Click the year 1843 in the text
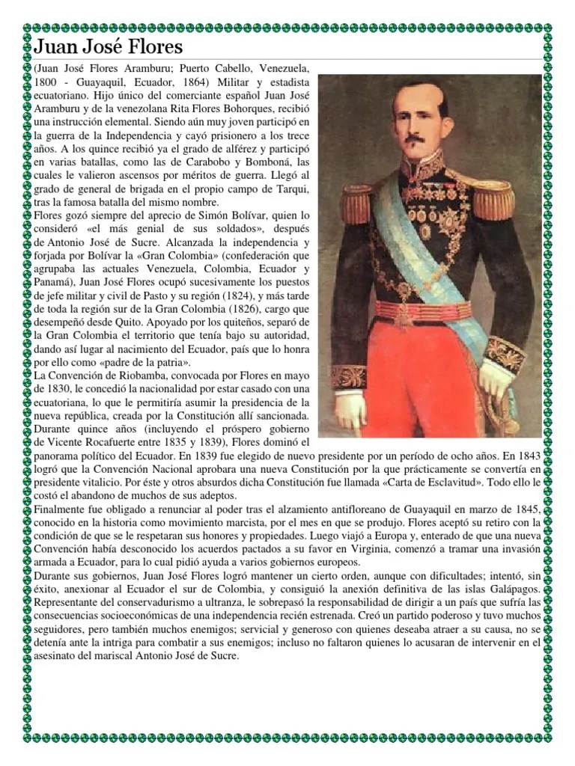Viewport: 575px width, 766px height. [529, 455]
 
